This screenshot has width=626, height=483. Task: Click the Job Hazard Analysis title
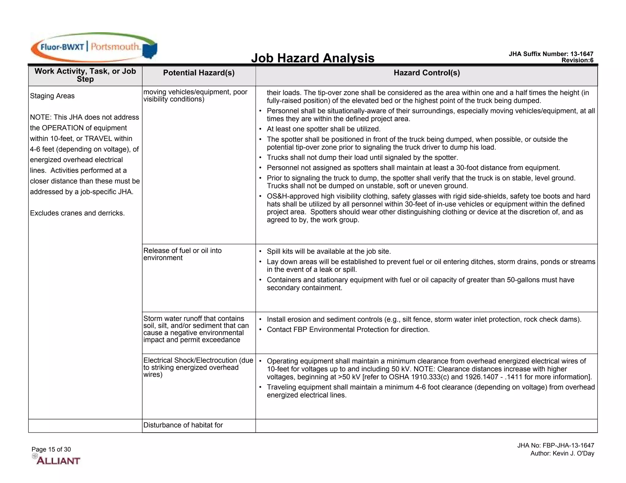312,58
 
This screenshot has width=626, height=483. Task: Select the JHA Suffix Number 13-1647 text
551,54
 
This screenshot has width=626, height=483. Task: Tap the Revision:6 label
577,60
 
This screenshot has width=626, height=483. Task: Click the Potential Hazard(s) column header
199,73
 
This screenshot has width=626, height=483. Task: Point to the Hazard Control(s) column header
426,73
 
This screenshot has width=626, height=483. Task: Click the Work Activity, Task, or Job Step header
85,75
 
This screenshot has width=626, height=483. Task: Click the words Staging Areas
52,96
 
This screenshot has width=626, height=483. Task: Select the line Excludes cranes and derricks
77,213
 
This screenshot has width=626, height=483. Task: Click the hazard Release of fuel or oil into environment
182,254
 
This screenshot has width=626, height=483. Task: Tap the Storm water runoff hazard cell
196,329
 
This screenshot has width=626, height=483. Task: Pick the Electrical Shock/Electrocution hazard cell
198,367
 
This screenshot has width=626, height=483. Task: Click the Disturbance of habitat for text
183,425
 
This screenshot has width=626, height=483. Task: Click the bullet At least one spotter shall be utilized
323,129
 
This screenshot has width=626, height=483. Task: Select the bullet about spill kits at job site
329,252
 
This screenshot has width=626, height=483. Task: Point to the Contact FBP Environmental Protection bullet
348,330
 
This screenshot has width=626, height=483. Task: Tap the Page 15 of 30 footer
51,449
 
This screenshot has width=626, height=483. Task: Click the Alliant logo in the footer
57,460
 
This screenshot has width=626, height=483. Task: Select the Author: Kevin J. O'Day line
562,453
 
